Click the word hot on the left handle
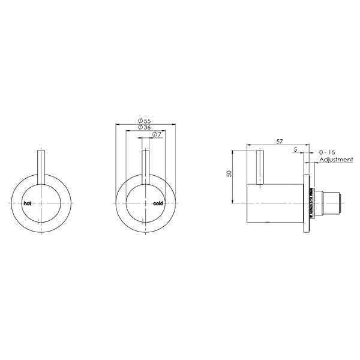click(27, 203)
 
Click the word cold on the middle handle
click(158, 203)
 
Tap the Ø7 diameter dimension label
click(155, 135)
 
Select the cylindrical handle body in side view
click(276, 203)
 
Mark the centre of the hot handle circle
click(41, 203)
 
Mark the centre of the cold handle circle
click(144, 203)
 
